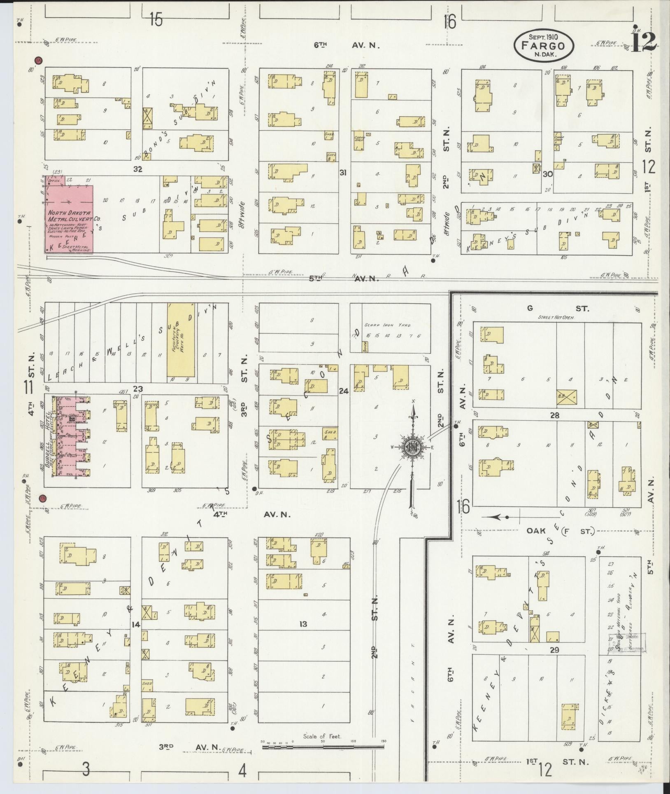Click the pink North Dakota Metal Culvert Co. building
pos(69,218)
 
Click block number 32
pos(137,169)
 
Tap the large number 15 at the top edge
pos(156,20)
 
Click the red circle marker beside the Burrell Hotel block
pos(43,498)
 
